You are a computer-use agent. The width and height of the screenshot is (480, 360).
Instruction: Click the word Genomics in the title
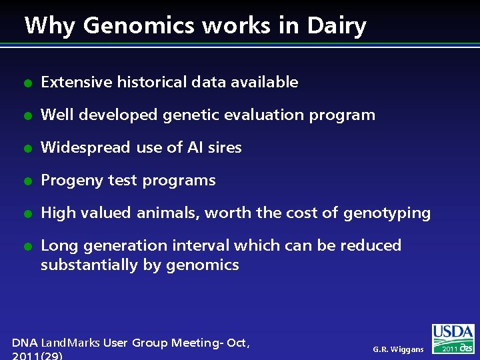click(139, 26)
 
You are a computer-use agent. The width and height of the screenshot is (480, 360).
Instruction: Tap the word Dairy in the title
click(336, 26)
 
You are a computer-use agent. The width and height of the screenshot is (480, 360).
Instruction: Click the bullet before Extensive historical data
click(27, 83)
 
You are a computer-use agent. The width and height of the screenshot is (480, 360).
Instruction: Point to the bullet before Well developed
click(27, 116)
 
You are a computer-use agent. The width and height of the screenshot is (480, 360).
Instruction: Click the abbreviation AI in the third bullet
click(195, 148)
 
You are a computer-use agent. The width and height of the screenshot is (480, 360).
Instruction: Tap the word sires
click(225, 148)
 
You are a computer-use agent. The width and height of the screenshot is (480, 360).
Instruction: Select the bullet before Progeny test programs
click(27, 181)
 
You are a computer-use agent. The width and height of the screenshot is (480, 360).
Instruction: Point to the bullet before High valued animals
click(27, 214)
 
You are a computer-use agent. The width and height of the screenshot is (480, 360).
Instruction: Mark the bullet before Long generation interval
click(27, 247)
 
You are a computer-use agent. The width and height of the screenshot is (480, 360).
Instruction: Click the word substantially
click(90, 265)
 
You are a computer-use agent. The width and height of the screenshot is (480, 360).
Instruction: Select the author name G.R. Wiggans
click(398, 349)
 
